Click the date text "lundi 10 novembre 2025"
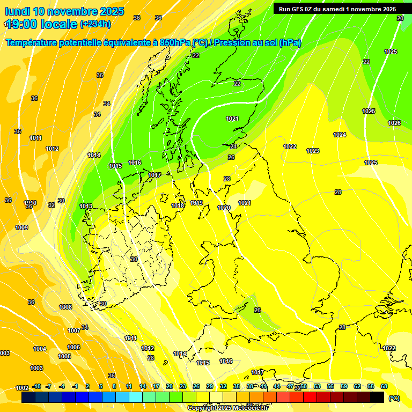click(x=64, y=11)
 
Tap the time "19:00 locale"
click(x=41, y=24)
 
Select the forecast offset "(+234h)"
click(x=95, y=24)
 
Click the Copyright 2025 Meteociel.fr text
click(x=228, y=408)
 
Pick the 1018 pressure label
click(x=178, y=205)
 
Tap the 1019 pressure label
click(x=196, y=203)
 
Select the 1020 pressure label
click(x=224, y=208)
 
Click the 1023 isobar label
click(x=313, y=151)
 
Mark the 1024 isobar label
click(x=340, y=135)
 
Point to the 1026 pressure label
click(x=394, y=123)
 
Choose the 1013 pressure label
click(x=86, y=206)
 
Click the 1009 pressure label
click(x=21, y=227)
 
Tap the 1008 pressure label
click(x=65, y=307)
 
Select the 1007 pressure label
click(x=74, y=330)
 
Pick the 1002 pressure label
click(x=22, y=388)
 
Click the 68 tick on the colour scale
click(x=384, y=386)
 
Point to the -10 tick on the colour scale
click(x=37, y=386)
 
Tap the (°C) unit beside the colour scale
click(x=394, y=399)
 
